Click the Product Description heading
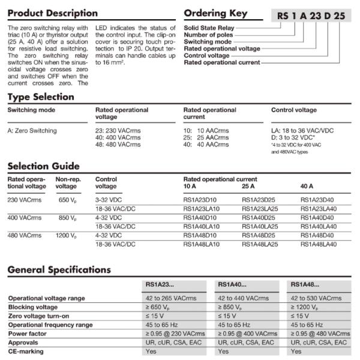(53, 13)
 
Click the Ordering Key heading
(215, 13)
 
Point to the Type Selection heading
(41, 97)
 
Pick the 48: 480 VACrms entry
(118, 145)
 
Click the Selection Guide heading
(43, 166)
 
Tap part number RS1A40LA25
(260, 226)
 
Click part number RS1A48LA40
(318, 244)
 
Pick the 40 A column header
(308, 187)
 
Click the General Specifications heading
(59, 270)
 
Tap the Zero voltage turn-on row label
(39, 316)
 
